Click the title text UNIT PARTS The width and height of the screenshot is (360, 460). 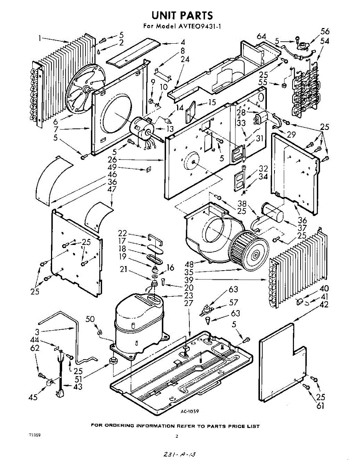(x=182, y=16)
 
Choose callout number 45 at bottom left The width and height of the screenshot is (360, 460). (x=33, y=397)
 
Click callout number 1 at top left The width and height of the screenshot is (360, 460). (x=40, y=38)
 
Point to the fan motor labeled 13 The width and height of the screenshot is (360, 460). (x=143, y=130)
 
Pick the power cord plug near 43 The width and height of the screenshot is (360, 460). (x=60, y=393)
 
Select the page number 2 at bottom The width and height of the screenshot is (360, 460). (x=177, y=436)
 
